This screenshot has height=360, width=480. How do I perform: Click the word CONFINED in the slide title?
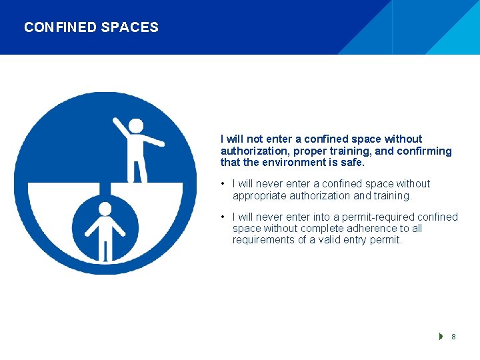(60, 27)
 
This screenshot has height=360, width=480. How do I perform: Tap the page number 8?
(453, 337)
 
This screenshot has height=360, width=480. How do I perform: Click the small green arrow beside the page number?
(441, 337)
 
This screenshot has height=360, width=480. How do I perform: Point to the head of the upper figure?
(136, 126)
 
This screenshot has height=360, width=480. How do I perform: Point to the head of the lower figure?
(105, 209)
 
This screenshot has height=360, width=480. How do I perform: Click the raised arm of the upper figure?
(121, 127)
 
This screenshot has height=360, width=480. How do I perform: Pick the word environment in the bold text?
(299, 163)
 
